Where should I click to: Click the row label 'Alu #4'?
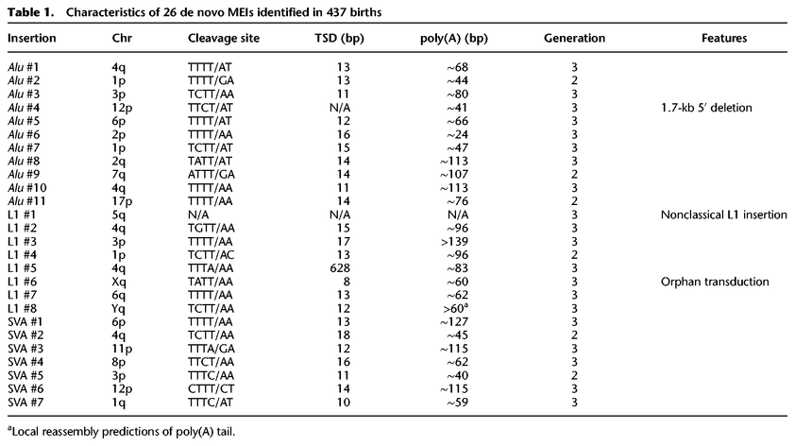[25, 107]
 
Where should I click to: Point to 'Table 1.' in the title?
[28, 9]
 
